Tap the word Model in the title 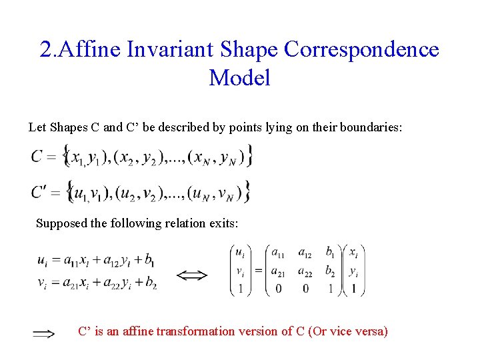(x=239, y=78)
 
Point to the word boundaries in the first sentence (x=371, y=127)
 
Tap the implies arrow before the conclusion (x=44, y=334)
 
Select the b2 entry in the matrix (x=330, y=271)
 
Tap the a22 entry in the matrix (x=305, y=271)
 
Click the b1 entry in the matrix (x=330, y=253)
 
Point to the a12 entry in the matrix (x=305, y=253)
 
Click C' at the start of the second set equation (x=40, y=193)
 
